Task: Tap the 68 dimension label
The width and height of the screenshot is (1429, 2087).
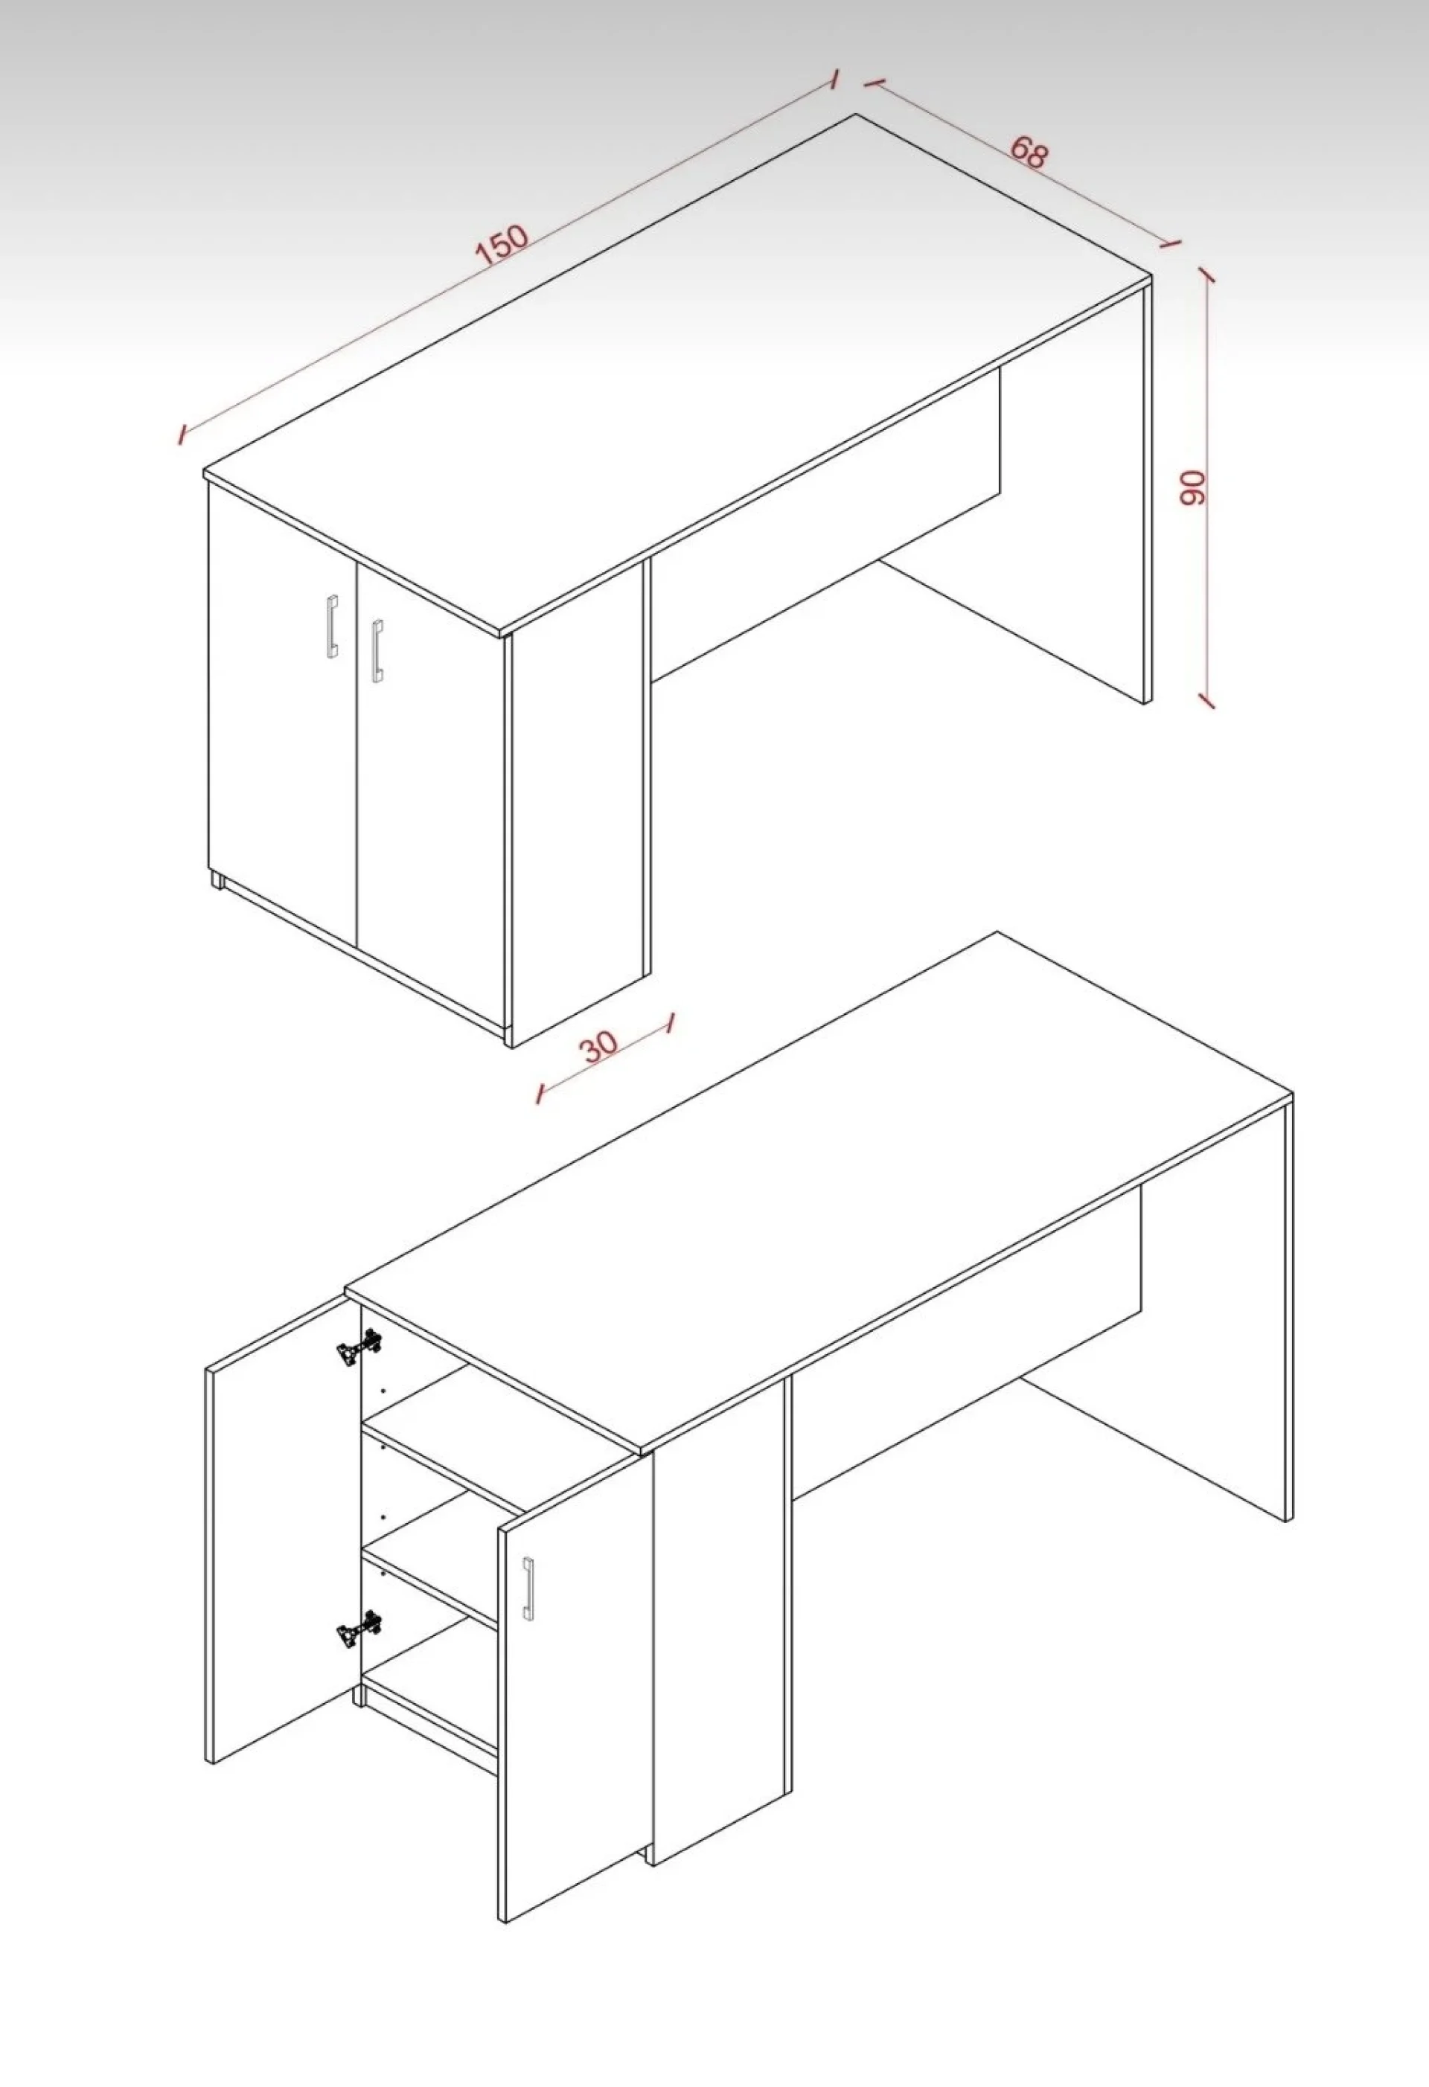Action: [1029, 152]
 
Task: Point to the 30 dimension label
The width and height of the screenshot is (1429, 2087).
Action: [600, 1045]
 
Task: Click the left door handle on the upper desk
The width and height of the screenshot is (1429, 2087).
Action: [333, 626]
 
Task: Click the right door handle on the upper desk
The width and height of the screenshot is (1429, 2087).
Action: [377, 650]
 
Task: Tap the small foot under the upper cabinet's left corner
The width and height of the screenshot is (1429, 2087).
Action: [217, 879]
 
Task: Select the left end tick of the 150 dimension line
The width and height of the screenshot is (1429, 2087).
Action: [182, 435]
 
